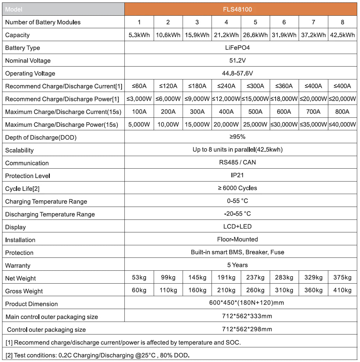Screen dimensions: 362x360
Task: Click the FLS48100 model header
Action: point(240,9)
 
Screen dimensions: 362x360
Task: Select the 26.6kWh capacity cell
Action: point(255,35)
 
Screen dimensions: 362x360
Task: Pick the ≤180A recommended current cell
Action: point(197,86)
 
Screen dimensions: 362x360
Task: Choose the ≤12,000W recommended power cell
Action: point(226,99)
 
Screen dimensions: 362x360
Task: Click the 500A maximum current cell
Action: point(255,112)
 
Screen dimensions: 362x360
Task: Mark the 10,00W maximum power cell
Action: point(168,124)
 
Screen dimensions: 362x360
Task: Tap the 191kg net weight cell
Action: point(226,278)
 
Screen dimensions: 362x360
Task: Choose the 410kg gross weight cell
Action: point(342,290)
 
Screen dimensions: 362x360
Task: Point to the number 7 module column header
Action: point(313,22)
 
